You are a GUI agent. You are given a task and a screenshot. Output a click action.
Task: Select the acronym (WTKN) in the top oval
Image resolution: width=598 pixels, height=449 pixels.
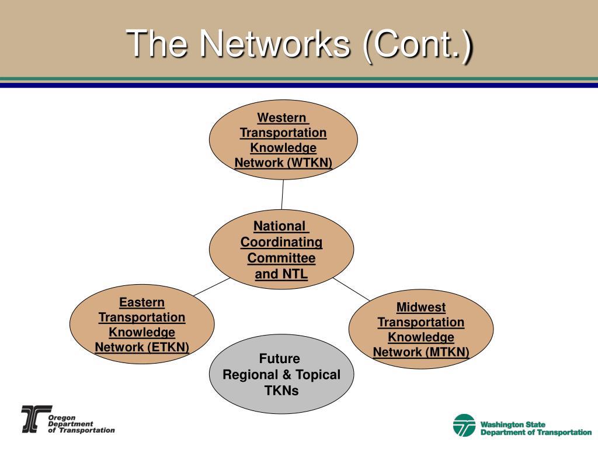(310, 163)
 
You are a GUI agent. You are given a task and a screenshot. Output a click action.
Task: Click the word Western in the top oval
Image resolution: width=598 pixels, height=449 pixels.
(283, 118)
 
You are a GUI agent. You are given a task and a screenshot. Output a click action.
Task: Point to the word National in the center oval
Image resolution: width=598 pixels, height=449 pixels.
(280, 226)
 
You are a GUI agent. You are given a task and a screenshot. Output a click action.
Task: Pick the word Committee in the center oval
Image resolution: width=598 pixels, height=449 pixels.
(281, 258)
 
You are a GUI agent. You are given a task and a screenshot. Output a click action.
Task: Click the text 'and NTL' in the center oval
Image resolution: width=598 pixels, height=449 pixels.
(281, 274)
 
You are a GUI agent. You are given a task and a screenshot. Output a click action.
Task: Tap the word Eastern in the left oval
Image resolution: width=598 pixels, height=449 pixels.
(142, 302)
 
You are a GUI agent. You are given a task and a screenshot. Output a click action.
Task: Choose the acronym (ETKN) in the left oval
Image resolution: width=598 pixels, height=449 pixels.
(168, 348)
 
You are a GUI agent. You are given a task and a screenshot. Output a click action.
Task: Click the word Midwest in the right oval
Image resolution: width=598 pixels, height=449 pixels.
(421, 307)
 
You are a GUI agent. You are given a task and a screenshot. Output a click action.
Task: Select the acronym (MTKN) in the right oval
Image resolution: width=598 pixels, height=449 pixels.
(447, 352)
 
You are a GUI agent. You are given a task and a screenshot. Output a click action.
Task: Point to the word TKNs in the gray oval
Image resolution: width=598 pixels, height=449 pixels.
(281, 391)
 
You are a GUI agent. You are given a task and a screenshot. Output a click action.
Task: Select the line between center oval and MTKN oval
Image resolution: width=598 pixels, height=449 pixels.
(350, 289)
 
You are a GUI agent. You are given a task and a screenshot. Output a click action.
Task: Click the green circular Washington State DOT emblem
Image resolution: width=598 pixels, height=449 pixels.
(464, 425)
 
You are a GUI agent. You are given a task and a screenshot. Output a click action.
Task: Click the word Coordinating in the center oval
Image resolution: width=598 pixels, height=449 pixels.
(281, 242)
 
